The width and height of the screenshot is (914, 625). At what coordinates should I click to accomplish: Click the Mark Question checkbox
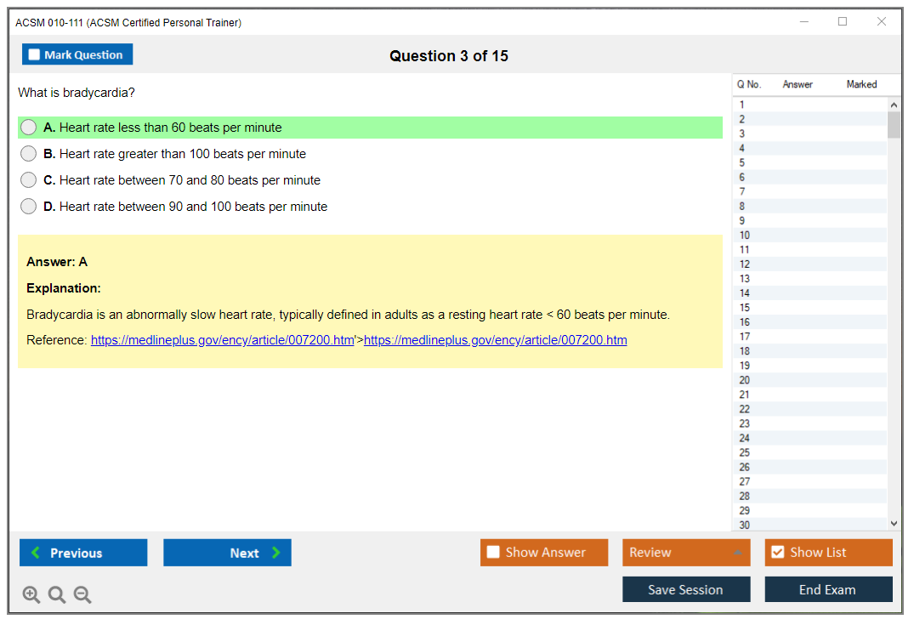tap(34, 54)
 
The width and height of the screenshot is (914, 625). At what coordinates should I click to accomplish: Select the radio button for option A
tap(29, 127)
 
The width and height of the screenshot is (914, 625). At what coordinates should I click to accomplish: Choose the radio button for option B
tap(29, 153)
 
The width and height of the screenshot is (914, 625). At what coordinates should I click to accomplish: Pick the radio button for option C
tap(29, 179)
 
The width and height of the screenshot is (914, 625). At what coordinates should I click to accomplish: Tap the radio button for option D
tap(29, 206)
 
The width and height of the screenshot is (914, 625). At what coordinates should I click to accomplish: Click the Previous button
tap(83, 552)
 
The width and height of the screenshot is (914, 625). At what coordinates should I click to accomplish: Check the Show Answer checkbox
tap(493, 552)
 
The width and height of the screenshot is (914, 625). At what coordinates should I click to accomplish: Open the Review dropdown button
tap(686, 552)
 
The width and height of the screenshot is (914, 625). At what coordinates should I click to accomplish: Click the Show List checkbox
tap(778, 552)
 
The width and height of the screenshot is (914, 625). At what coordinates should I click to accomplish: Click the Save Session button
tap(686, 589)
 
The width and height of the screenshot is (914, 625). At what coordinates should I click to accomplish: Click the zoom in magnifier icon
tap(31, 594)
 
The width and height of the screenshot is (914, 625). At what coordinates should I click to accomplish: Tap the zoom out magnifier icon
tap(82, 594)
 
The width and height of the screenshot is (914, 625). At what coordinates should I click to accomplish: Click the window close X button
tap(882, 21)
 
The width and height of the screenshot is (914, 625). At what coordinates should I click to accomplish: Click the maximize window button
tap(843, 21)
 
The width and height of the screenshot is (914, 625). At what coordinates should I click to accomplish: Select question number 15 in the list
tap(745, 308)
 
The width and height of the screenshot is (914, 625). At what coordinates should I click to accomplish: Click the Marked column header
tap(861, 84)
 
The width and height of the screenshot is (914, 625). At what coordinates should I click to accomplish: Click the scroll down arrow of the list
tap(894, 524)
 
